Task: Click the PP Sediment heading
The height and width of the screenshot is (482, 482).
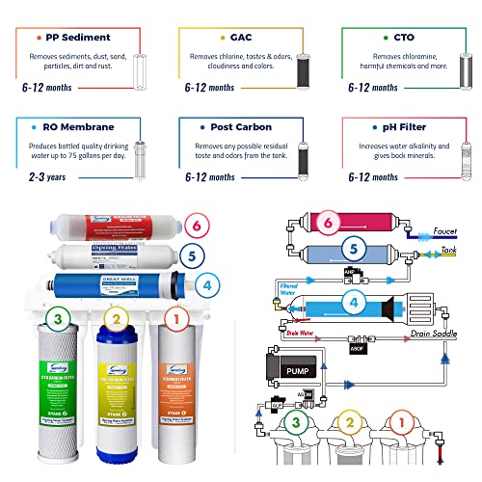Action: tap(77, 38)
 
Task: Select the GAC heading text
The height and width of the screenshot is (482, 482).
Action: tap(231, 38)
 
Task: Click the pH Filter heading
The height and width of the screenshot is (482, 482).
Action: tap(404, 126)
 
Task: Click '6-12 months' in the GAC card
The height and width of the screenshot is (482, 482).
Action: tap(208, 88)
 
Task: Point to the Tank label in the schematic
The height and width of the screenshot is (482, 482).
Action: tap(449, 249)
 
